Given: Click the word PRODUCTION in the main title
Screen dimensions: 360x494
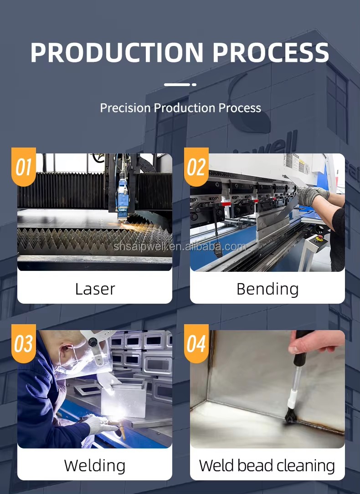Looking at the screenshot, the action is click(117, 52).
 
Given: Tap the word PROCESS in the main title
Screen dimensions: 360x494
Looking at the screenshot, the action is click(271, 52).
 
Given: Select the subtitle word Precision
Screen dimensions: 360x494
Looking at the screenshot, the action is click(125, 108).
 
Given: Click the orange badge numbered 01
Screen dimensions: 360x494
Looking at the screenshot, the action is click(24, 167).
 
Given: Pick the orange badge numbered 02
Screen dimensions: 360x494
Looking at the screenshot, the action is click(196, 167).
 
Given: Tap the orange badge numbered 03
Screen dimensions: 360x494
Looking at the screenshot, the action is click(24, 343).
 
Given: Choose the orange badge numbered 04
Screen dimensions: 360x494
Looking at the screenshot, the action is click(196, 343).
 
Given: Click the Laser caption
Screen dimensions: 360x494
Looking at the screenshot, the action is click(95, 289).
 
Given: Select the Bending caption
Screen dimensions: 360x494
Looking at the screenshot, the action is click(267, 289).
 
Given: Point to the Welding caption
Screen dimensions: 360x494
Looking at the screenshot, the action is click(95, 466).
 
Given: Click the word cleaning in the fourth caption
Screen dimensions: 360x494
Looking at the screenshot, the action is click(306, 466).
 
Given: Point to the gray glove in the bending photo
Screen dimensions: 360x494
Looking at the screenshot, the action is click(310, 195).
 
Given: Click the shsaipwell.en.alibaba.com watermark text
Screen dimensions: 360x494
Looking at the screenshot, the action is click(180, 246).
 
